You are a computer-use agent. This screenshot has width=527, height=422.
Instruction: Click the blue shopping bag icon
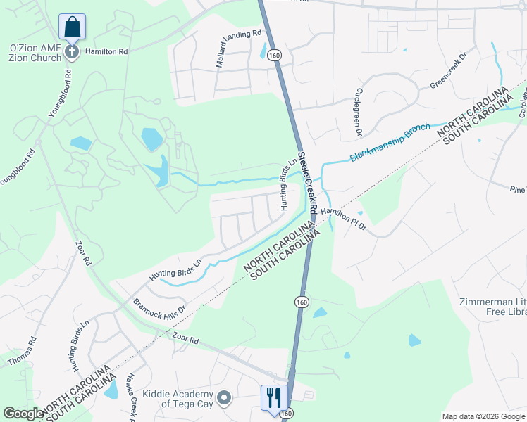(x=72, y=27)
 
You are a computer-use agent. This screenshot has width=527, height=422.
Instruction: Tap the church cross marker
(x=71, y=51)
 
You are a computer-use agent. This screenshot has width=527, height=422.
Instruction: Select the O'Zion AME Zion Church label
(x=35, y=53)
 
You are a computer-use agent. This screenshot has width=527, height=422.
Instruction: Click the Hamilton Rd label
(x=106, y=51)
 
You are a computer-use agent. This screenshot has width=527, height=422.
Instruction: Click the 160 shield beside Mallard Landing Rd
(x=275, y=55)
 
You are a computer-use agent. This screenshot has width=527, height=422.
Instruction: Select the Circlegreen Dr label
(x=359, y=112)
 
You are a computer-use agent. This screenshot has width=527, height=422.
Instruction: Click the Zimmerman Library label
(x=492, y=307)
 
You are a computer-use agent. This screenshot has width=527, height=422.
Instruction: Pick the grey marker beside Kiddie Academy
(x=224, y=399)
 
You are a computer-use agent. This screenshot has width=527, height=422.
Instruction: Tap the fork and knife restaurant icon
(x=271, y=397)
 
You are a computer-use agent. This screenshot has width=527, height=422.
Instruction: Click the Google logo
(x=23, y=414)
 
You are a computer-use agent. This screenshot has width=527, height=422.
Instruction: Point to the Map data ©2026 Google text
(x=483, y=416)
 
